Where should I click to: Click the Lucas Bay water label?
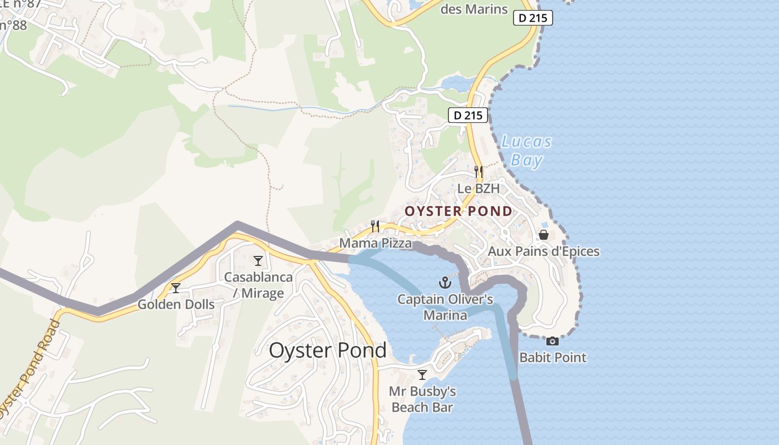tap(526, 151)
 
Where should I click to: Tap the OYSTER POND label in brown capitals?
tap(458, 211)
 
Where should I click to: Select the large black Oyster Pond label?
tap(327, 350)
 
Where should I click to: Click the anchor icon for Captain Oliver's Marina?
tap(445, 283)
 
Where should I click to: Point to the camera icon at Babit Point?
tap(553, 341)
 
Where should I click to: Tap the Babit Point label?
tap(553, 357)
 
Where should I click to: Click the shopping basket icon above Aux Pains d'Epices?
tap(544, 235)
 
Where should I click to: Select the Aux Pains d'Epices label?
tap(544, 251)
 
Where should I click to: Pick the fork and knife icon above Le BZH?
tap(479, 171)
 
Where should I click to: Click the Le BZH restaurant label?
tap(479, 189)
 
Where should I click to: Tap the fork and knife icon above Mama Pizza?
tap(376, 226)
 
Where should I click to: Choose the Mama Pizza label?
tap(376, 243)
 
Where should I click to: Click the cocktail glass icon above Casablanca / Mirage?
tap(258, 260)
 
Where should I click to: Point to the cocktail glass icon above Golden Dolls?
tap(176, 288)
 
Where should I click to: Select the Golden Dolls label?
tap(176, 304)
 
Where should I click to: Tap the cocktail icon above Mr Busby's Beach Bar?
tap(422, 374)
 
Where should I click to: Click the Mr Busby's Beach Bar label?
tap(422, 399)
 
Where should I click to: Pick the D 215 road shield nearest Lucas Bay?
tap(467, 115)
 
